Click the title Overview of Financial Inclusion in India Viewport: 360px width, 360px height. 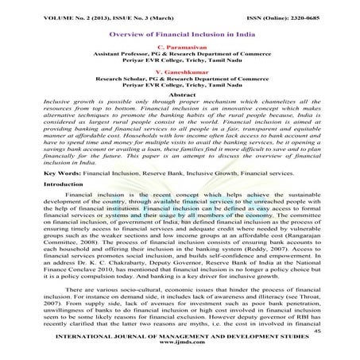pyautogui.click(x=180, y=36)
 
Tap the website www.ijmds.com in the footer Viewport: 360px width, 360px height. pyautogui.click(x=180, y=350)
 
